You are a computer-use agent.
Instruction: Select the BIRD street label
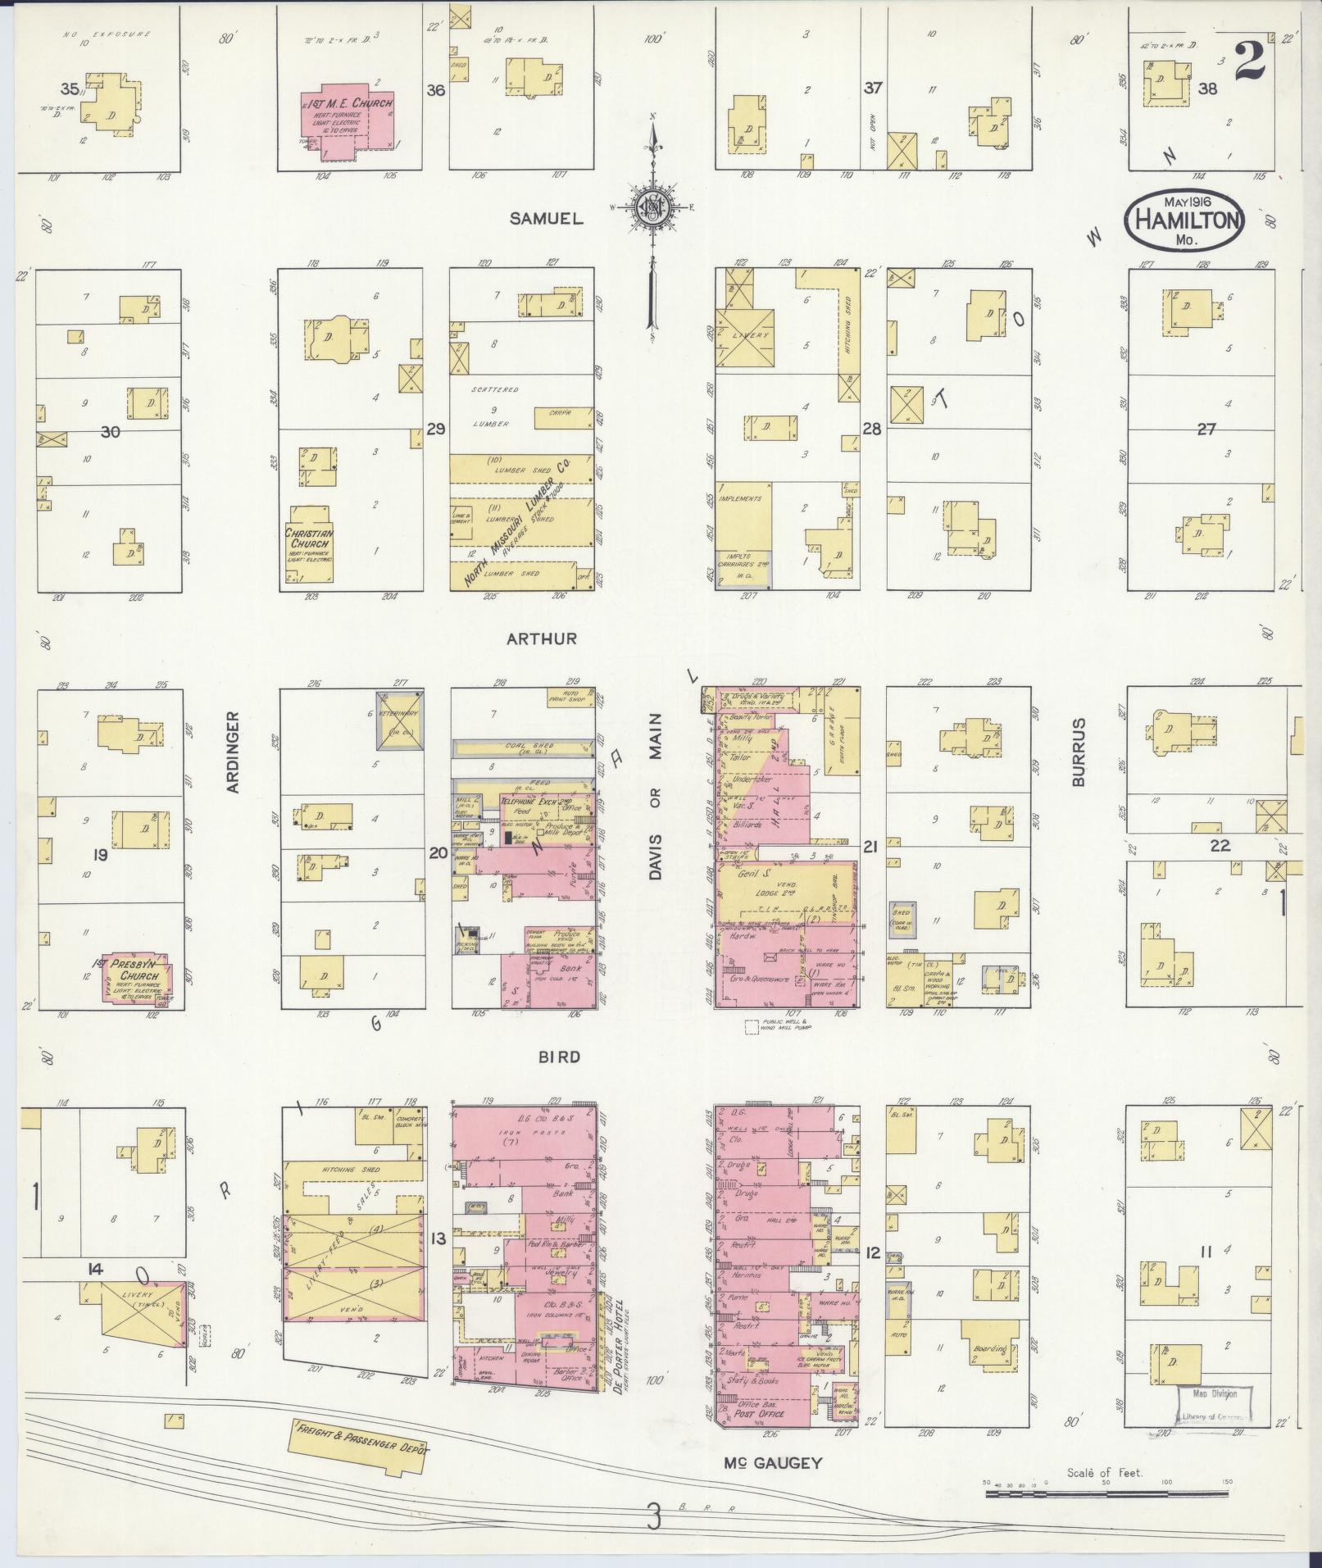point(559,1057)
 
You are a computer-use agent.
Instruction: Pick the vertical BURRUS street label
point(1079,752)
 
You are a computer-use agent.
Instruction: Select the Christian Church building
point(309,543)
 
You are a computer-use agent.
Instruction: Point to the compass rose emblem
point(652,210)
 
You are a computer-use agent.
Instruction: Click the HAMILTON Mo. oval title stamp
point(1184,220)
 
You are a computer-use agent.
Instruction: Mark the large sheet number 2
point(1249,63)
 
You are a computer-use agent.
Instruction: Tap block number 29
point(436,429)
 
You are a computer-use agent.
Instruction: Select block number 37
point(872,89)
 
